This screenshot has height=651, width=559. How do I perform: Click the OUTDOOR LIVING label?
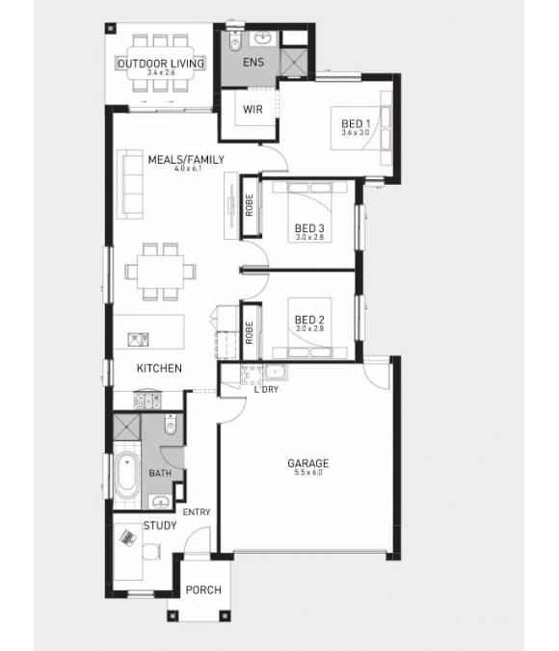[x=161, y=64]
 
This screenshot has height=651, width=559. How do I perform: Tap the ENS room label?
[x=253, y=65]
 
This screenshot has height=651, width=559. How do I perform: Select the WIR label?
[x=253, y=110]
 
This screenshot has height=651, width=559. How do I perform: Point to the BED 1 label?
[x=356, y=123]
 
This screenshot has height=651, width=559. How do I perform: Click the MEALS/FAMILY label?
[x=186, y=160]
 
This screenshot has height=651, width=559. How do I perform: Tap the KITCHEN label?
[x=159, y=368]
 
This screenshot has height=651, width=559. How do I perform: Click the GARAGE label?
[x=308, y=463]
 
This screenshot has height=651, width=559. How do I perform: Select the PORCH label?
[x=203, y=590]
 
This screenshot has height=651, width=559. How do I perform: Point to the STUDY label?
[x=159, y=526]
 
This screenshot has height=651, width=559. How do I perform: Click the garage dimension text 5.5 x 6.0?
[x=308, y=474]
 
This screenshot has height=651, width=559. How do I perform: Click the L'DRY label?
[x=265, y=388]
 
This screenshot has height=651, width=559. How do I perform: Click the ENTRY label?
[x=197, y=512]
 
